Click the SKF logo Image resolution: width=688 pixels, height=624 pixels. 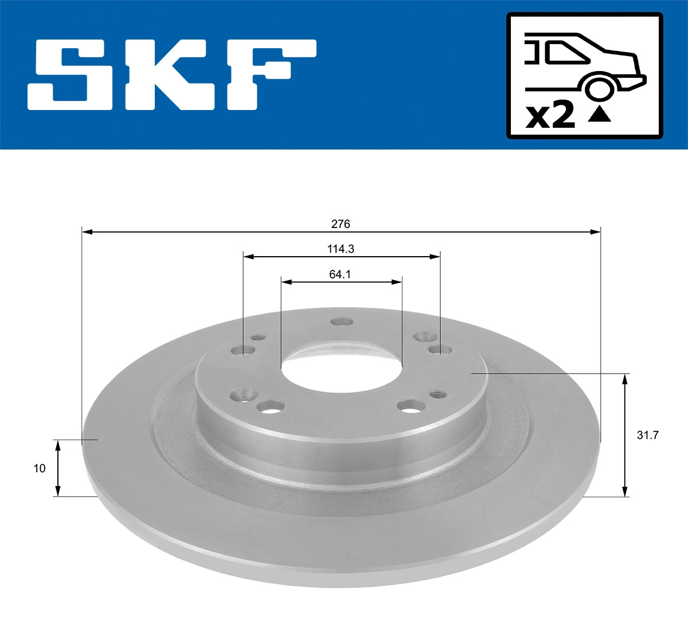coord(172,74)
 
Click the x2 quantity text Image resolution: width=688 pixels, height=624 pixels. coord(550,116)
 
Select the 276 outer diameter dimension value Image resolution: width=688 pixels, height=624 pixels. coord(341,224)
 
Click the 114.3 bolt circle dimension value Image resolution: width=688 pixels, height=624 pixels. coord(341,249)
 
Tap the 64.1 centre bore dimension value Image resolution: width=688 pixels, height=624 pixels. coord(340,274)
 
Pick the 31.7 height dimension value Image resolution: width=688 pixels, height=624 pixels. coord(648,435)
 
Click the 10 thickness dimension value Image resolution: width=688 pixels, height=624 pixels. coord(40,468)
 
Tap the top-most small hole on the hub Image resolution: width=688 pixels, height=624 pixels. coord(342,322)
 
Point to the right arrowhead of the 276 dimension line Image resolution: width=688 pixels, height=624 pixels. coord(596,231)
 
